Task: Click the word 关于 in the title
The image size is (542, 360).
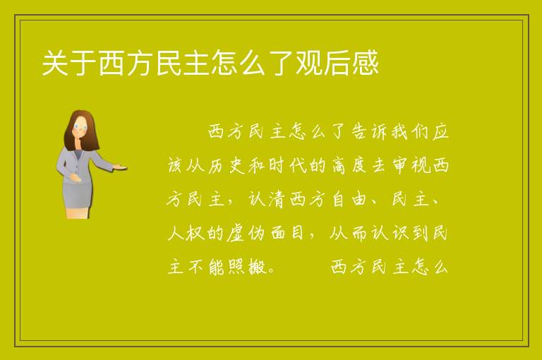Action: click(69, 63)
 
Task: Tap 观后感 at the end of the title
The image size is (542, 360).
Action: click(337, 63)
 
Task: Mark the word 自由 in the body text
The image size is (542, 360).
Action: click(349, 199)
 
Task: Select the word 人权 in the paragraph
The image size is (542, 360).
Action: click(186, 233)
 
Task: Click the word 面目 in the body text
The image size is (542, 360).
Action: click(288, 233)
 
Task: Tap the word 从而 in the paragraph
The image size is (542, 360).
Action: click(349, 233)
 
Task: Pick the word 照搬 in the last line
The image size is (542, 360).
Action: click(246, 266)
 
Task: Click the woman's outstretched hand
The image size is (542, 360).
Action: click(120, 167)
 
